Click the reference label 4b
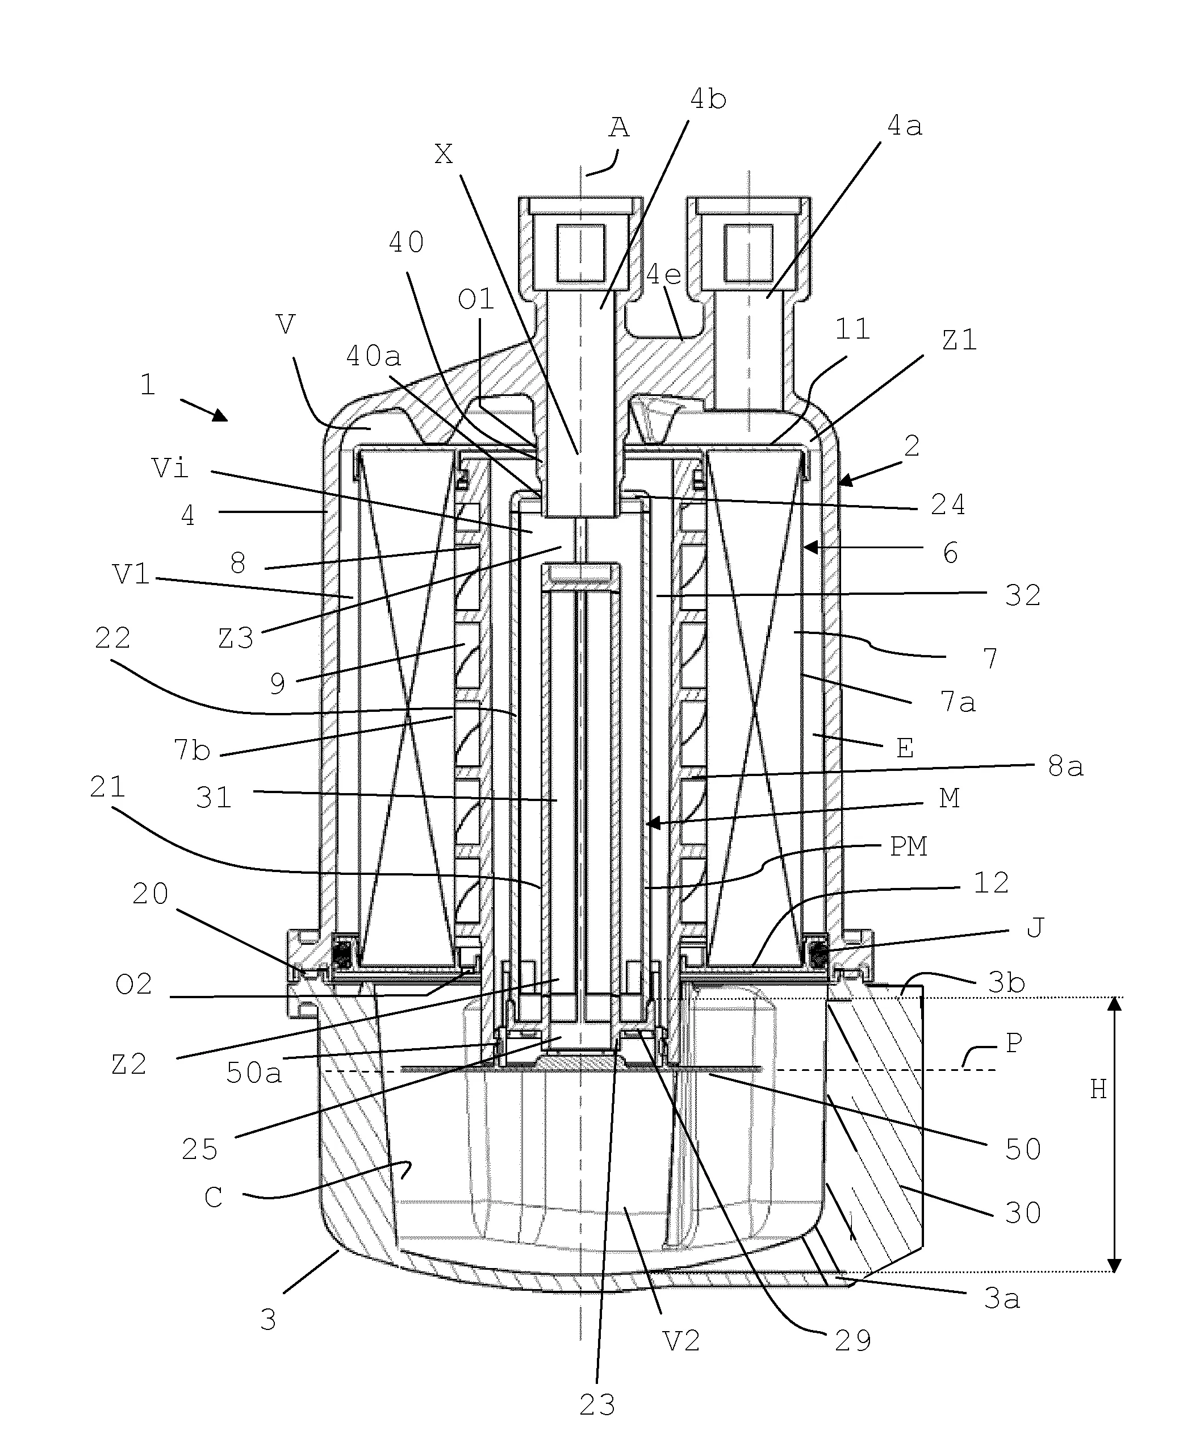click(708, 100)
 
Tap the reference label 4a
click(904, 126)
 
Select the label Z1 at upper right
click(959, 340)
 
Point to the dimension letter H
click(1098, 1090)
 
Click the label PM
click(908, 846)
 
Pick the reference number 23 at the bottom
click(597, 1405)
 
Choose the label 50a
click(253, 1073)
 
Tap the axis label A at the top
click(618, 128)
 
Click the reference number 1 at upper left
click(148, 385)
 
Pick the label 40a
click(374, 356)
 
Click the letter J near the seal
click(1034, 927)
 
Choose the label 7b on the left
click(191, 750)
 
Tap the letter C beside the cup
click(213, 1197)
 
